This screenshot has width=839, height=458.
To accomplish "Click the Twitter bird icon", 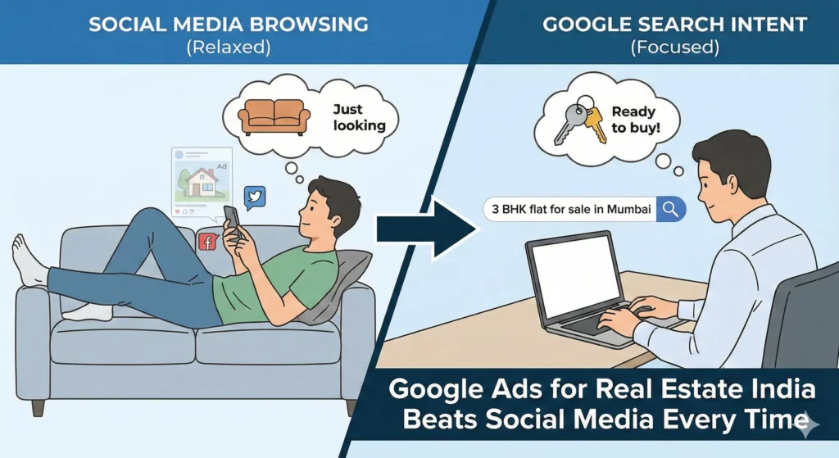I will (x=255, y=197).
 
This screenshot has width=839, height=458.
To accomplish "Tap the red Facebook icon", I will (x=208, y=242).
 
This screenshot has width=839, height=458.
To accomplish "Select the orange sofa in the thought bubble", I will (x=274, y=116).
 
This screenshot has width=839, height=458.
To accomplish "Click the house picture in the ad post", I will (x=201, y=183).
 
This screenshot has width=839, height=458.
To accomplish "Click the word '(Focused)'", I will (x=673, y=48).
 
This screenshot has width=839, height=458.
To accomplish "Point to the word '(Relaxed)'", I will (x=227, y=48).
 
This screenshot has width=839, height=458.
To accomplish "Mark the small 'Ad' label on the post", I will (x=221, y=165).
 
